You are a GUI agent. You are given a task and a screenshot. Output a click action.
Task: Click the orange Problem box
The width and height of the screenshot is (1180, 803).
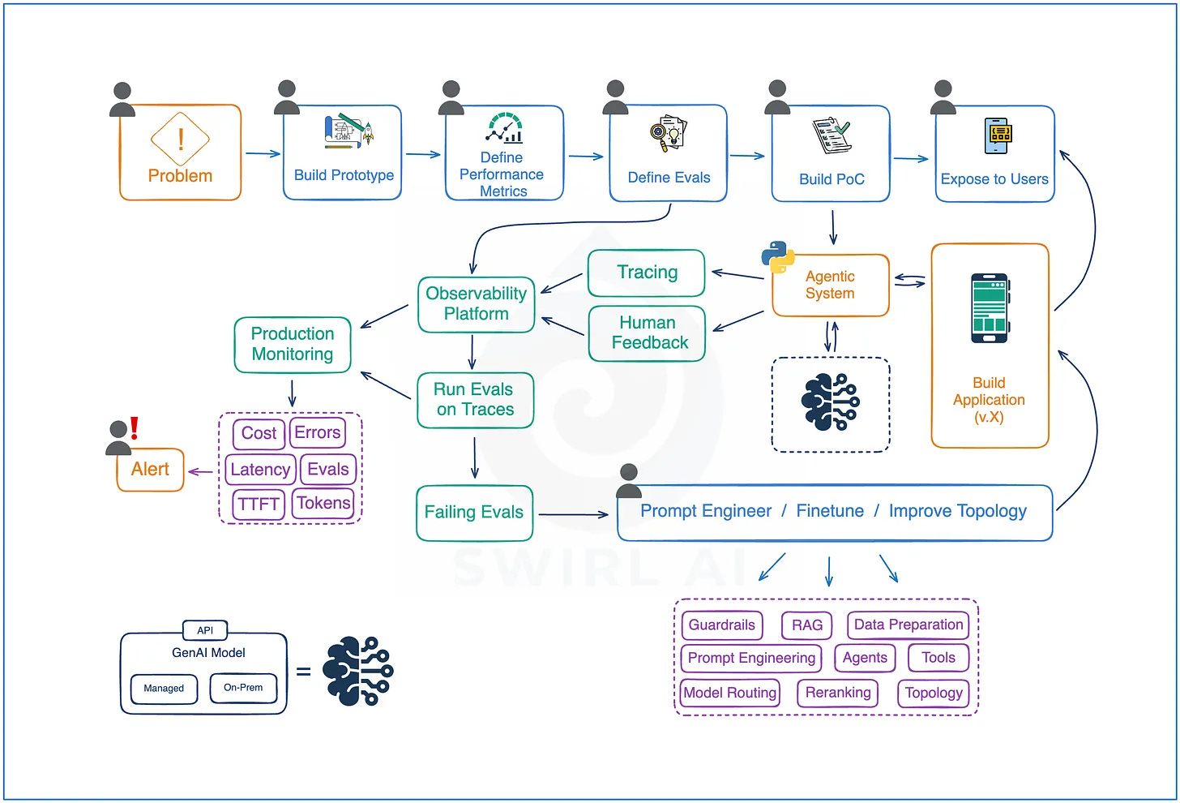point(180,152)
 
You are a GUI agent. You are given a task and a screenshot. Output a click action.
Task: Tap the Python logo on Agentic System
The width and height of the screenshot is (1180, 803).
point(777,257)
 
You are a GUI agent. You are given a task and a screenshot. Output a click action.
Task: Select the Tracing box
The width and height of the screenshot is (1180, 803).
point(647,273)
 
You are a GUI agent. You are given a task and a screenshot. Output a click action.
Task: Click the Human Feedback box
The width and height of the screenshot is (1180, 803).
point(647,333)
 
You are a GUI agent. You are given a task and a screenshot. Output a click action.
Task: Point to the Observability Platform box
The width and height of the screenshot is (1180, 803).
point(477,304)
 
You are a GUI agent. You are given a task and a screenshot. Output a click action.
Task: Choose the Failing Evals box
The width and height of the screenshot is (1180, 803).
point(475,513)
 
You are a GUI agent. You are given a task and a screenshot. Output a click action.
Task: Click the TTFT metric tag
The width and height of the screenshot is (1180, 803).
point(259,504)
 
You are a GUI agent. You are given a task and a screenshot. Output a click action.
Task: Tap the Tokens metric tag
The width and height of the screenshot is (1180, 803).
point(323,503)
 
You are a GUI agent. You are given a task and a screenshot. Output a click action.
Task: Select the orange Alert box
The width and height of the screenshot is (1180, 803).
point(150,470)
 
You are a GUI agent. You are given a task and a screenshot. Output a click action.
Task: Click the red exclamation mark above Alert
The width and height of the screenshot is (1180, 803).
point(135,428)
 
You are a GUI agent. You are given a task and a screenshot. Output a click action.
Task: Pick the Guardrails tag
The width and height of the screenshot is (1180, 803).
point(721,625)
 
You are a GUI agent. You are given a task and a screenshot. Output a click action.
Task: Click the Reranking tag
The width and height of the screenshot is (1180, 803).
point(838,693)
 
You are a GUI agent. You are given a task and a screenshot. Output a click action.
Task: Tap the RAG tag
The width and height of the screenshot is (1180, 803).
point(806,625)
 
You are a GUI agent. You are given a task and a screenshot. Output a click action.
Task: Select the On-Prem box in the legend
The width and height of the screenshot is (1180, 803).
point(243,688)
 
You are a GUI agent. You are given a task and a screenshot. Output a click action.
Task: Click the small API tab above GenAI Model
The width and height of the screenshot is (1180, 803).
point(205,630)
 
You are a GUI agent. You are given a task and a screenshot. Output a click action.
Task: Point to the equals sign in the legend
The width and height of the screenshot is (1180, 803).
point(303,672)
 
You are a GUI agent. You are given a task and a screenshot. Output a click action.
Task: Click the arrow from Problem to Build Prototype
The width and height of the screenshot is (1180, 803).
point(263,154)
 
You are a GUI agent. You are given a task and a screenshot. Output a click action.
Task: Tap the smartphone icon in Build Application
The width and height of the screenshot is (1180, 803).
point(990,308)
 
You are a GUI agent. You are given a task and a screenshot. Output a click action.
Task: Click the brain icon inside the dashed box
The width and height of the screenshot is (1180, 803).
point(830,402)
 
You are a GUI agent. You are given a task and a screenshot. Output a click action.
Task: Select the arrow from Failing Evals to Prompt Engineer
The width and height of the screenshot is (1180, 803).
point(573,514)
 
